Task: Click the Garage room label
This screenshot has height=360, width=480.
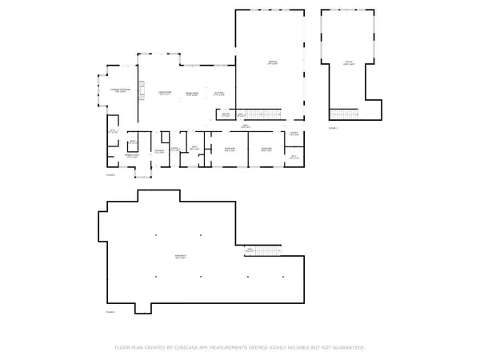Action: [x=272, y=62]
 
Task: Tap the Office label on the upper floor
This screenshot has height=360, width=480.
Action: [x=348, y=62]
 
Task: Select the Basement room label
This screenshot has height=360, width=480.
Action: [x=182, y=257]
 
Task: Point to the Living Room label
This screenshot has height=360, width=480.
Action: [x=166, y=94]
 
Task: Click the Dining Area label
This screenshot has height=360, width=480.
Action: [x=192, y=94]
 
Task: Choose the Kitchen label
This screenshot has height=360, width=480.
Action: [x=218, y=94]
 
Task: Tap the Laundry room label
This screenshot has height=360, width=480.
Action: [x=159, y=150]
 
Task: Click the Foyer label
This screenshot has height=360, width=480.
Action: [x=174, y=149]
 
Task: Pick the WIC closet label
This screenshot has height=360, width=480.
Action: [x=113, y=131]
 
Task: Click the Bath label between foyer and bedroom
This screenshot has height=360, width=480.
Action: [x=194, y=147]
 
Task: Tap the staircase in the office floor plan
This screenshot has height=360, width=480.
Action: [x=345, y=114]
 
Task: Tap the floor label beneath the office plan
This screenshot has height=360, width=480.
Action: [x=334, y=128]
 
